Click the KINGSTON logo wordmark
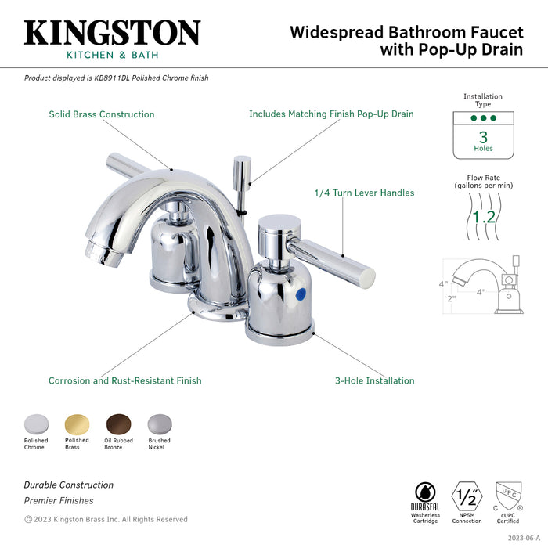tap(112, 33)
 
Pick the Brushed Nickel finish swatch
tap(159, 424)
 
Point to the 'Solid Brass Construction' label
tap(102, 114)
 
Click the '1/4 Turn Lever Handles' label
tap(364, 193)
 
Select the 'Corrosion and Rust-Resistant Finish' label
tap(125, 381)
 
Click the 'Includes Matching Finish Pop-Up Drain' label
tap(331, 114)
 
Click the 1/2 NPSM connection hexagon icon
tap(467, 496)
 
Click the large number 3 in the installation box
tap(483, 136)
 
